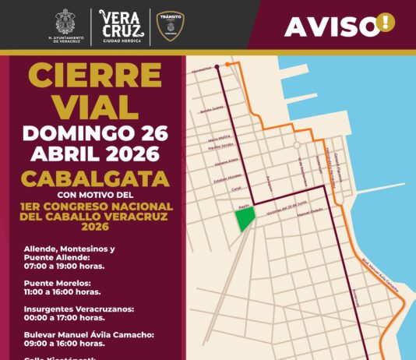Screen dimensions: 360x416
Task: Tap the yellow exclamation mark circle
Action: [385, 23]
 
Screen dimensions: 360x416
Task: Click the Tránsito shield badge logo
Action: [171, 26]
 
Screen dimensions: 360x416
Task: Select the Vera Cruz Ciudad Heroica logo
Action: [122, 26]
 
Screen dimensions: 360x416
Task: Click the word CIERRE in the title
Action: [96, 76]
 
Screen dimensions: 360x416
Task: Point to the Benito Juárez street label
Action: [212, 110]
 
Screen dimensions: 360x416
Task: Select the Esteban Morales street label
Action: [226, 176]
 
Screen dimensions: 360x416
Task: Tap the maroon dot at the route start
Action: [217, 67]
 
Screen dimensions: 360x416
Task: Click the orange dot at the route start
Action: [227, 64]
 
